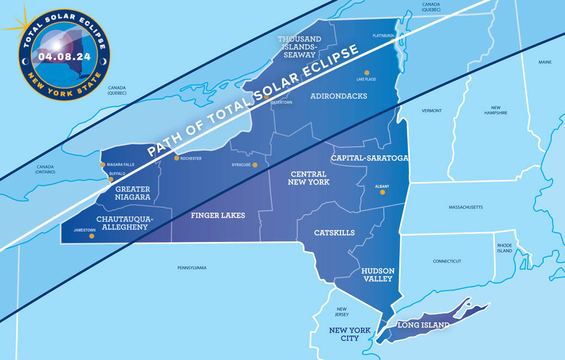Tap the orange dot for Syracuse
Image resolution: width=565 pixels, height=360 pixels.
click(x=255, y=165)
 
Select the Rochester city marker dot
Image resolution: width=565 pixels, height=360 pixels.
click(x=177, y=158)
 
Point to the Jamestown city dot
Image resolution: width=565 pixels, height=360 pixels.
click(x=92, y=237)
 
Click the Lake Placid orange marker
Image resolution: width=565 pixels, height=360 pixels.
click(x=366, y=73)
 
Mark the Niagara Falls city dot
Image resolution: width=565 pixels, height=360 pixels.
click(x=102, y=164)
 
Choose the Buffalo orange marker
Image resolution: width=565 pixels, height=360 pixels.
click(x=111, y=179)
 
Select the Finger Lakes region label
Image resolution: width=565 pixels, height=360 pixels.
click(x=218, y=215)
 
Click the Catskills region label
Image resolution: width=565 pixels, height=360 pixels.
click(x=334, y=233)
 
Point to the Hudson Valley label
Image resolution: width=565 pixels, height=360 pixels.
click(x=378, y=275)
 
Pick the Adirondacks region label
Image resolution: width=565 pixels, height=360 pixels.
click(x=338, y=96)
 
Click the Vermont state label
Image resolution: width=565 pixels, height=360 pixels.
click(x=432, y=111)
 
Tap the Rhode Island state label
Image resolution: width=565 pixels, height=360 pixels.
click(x=504, y=248)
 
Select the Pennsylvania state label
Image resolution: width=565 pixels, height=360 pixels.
click(x=192, y=268)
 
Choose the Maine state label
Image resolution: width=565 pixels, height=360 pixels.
click(x=545, y=62)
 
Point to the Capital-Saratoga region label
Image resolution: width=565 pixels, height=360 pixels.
click(x=369, y=158)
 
